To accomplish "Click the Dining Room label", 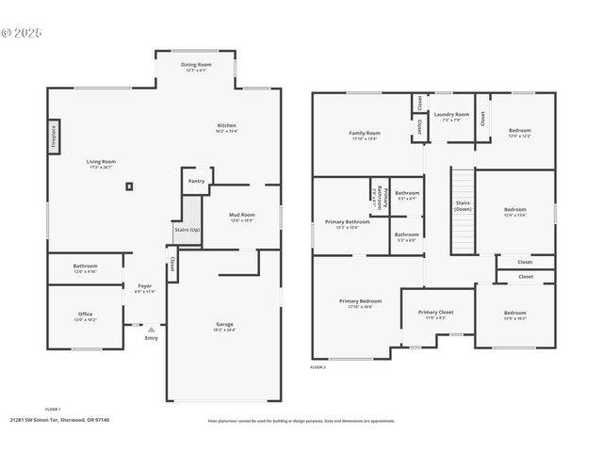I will tap(196, 65).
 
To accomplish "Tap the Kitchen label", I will tap(226, 125).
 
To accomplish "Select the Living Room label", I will tap(101, 162).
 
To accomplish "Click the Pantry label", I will tap(196, 181).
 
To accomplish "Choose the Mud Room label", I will tap(242, 215).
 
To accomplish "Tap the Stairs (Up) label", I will tap(187, 229).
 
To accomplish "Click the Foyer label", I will tap(145, 285).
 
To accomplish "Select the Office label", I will tap(86, 315).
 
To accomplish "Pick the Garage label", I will tap(223, 325).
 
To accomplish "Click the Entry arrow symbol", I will tap(151, 329).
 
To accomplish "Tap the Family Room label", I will tap(364, 134).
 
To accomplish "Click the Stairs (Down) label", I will tap(463, 205).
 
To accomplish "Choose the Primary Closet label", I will tap(435, 312).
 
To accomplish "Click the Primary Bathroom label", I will tap(341, 222).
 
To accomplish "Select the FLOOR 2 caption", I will tap(318, 367).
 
